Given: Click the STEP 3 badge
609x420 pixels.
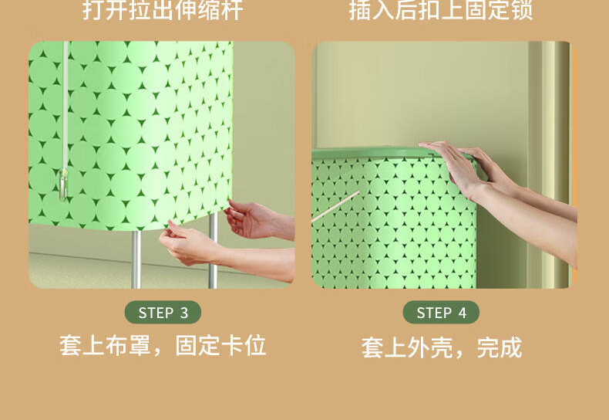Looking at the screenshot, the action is [x=163, y=312].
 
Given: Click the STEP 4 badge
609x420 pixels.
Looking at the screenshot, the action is [x=441, y=312].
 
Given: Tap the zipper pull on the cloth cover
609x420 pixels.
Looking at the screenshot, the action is [x=63, y=185].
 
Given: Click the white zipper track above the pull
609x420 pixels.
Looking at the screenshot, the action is [x=66, y=105].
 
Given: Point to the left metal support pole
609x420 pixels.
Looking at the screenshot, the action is [x=136, y=259].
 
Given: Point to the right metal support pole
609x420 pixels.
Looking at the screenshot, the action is [x=213, y=251].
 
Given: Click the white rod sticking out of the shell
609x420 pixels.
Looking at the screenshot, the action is [x=335, y=206].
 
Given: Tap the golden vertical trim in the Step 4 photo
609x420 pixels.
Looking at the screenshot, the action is [x=550, y=164].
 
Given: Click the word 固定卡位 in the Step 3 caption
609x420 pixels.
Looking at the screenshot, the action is [x=220, y=345].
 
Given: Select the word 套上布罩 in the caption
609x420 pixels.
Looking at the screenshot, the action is [x=105, y=345].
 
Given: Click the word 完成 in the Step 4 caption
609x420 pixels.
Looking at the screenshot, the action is [x=500, y=347].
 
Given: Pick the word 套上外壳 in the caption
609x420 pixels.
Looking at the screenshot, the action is [x=407, y=347].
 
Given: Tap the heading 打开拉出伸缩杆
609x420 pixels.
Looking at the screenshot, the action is [x=163, y=10].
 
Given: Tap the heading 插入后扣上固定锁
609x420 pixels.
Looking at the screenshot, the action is [x=441, y=10].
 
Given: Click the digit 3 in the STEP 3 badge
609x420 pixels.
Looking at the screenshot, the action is [x=184, y=313].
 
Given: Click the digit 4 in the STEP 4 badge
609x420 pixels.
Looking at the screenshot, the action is [x=463, y=313].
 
